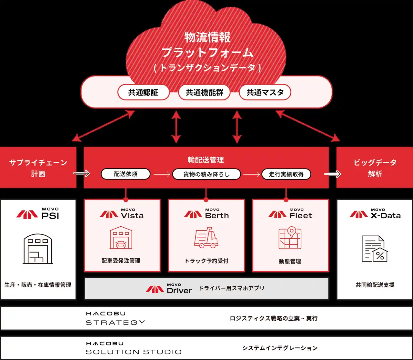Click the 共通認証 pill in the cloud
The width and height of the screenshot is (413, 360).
point(143,93)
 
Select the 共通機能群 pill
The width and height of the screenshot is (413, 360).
point(205,93)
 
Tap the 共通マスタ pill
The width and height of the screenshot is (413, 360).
point(265,93)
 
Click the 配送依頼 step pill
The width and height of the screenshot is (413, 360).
point(126,174)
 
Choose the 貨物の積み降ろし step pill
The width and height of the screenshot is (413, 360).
point(206,174)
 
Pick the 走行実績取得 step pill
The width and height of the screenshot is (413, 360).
point(286,174)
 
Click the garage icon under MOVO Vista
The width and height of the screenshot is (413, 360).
point(121,238)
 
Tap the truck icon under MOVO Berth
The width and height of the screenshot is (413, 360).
point(206,238)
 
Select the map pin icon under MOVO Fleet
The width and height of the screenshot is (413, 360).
point(290,238)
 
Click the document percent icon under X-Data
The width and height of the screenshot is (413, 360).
point(375,249)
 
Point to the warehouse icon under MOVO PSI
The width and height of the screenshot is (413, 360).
point(38,249)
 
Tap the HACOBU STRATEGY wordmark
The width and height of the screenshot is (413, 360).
point(115,318)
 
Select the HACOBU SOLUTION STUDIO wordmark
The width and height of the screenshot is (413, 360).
point(134,348)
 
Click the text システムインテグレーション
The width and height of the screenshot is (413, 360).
point(280,348)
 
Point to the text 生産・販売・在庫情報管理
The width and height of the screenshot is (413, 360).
point(38,285)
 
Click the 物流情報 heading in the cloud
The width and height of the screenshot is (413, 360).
point(207,37)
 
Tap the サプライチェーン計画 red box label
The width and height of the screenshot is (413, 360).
point(38,168)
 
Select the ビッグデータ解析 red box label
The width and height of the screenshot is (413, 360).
point(375,168)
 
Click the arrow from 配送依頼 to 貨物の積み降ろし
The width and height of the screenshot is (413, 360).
point(162,175)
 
